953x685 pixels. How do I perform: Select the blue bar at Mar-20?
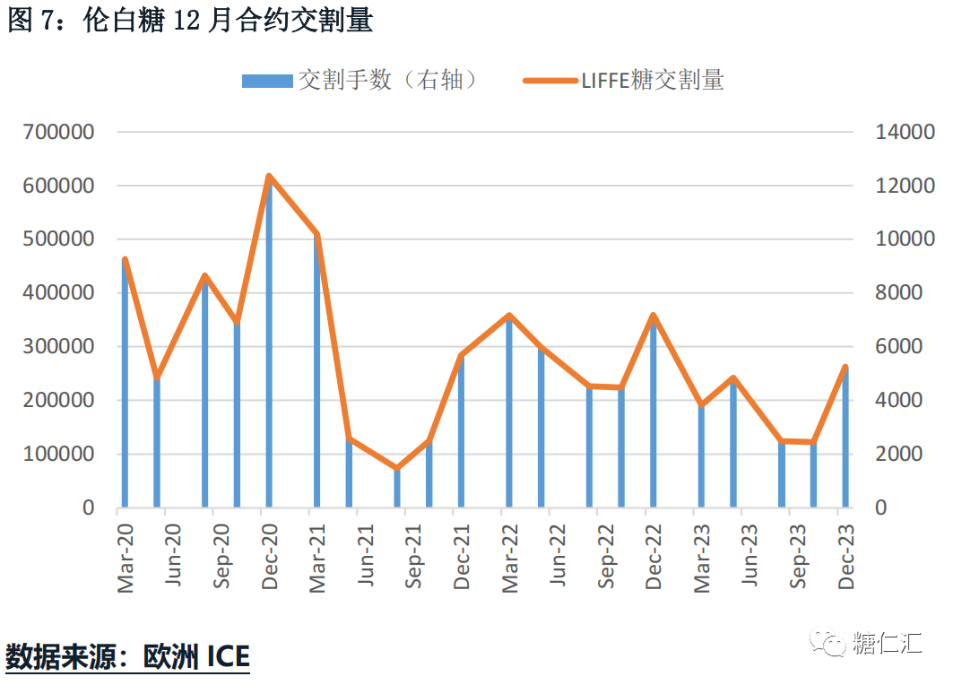coord(125,386)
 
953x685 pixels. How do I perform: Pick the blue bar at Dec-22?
coord(653,412)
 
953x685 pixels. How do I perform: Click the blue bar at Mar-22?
coord(509,412)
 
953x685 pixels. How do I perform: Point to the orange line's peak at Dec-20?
coord(269,177)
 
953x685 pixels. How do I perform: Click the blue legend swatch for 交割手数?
coord(267,81)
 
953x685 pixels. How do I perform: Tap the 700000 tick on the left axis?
coord(60,133)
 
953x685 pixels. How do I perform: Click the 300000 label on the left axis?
coord(60,347)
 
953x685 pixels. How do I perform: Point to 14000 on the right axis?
coord(905,133)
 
